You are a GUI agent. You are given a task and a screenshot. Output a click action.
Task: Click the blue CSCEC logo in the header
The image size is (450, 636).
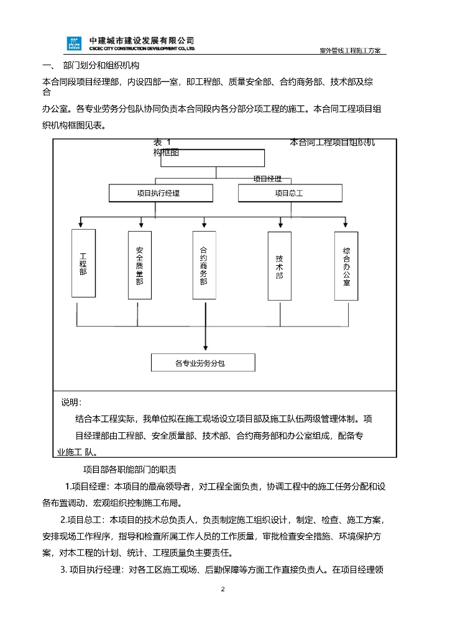(x=74, y=44)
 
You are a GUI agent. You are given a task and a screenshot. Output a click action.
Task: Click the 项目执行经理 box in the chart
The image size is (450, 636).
(x=161, y=193)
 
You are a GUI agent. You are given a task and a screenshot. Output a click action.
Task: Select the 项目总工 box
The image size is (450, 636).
(x=290, y=193)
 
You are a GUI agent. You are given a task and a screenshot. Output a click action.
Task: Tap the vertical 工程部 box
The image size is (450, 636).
(x=83, y=263)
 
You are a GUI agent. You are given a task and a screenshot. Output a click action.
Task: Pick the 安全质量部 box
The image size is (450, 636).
(x=140, y=265)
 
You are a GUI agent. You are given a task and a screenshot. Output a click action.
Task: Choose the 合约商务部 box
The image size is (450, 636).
(x=204, y=265)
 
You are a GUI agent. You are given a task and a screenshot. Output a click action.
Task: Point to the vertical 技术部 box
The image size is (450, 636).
(x=280, y=266)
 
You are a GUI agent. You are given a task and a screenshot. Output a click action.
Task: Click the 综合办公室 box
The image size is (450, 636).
(x=346, y=266)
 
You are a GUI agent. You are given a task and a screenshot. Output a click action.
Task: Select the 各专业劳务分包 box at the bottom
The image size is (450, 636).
(x=203, y=363)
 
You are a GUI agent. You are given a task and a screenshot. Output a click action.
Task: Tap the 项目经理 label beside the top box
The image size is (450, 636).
(x=267, y=179)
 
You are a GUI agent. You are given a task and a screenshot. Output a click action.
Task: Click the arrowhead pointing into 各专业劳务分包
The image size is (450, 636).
(x=206, y=348)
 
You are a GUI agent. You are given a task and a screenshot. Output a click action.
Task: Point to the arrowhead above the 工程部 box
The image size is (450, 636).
(x=81, y=224)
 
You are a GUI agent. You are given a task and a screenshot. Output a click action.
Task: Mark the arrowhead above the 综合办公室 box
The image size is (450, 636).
(x=346, y=224)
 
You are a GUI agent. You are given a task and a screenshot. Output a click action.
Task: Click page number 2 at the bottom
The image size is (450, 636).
(x=223, y=589)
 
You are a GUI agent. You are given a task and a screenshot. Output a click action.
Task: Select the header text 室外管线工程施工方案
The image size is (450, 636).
(x=351, y=51)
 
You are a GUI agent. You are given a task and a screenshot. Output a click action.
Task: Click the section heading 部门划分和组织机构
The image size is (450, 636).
(x=101, y=65)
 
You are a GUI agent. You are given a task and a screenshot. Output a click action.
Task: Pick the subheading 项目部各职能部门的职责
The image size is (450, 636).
(x=130, y=470)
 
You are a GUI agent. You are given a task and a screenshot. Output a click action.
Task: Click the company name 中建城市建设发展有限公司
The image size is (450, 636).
(x=142, y=40)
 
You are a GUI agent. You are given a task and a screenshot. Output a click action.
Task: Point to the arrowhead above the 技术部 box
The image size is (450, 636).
(x=280, y=224)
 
